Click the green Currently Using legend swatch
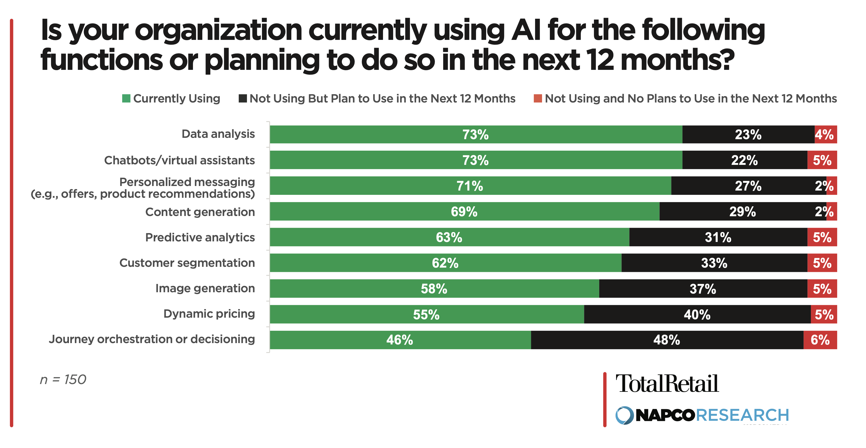(126, 99)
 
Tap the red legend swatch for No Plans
(538, 99)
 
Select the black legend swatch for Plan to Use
(242, 99)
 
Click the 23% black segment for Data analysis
(748, 135)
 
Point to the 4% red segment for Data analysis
(825, 135)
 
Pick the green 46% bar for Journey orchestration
(400, 340)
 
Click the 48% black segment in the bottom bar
(667, 340)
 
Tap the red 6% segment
(820, 340)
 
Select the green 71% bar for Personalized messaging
(470, 186)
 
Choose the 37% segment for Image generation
(703, 289)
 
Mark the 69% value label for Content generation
(464, 212)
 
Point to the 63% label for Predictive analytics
(449, 237)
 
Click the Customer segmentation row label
(187, 263)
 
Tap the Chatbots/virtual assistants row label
(180, 160)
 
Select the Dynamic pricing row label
(209, 314)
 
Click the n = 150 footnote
(63, 380)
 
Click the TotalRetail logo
(667, 384)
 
